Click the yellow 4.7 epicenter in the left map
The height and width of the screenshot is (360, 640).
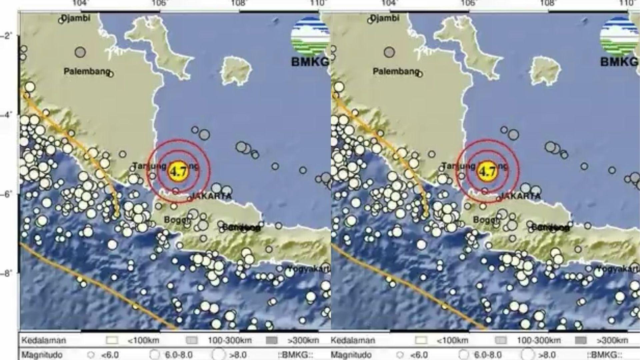coord(178,171)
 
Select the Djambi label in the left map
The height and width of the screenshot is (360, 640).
coord(76,18)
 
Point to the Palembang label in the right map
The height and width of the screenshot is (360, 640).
coord(396,71)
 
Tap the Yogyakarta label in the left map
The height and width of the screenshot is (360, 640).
coord(309,268)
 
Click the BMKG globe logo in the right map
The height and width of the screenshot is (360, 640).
coord(619,36)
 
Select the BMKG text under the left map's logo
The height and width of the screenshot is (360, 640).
coord(310,62)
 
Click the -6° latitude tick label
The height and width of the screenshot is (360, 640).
coord(7,194)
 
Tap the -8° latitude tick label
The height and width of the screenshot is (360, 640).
coord(7,273)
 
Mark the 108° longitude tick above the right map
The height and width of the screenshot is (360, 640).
coord(548,3)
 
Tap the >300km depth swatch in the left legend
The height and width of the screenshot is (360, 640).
coord(272,341)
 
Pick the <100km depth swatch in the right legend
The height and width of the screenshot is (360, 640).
coord(421,341)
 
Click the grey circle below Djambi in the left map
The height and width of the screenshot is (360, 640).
coord(80,52)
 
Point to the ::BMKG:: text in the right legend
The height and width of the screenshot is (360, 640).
coord(604,355)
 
